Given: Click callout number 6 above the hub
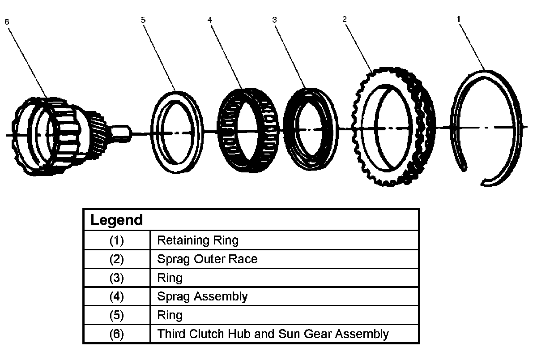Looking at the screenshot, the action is tap(7, 22).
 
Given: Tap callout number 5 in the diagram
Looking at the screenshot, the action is tap(143, 20).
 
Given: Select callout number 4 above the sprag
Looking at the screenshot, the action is tap(210, 20).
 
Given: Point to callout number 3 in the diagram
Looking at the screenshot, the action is tap(274, 20).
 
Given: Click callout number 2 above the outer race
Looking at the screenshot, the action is tap(345, 19).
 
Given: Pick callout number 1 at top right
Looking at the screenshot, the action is tap(459, 19).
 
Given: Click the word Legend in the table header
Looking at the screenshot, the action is tap(116, 220).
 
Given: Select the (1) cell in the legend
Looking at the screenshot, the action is tap(117, 240).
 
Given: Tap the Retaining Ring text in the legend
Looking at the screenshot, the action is tap(198, 240).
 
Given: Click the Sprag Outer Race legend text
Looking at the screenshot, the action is tap(207, 259).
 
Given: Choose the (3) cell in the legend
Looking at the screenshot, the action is tap(117, 278).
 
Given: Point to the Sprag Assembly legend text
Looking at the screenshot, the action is tap(202, 296).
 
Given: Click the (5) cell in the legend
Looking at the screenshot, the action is tap(117, 315).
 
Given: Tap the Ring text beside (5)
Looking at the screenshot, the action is tap(170, 315).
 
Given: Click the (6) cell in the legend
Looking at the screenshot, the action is tap(117, 334).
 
